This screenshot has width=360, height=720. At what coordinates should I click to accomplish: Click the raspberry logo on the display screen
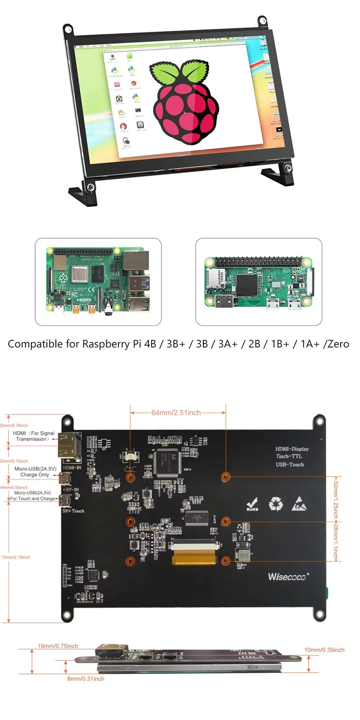coord(184,101)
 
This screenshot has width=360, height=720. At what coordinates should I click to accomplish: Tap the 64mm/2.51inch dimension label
coord(176,412)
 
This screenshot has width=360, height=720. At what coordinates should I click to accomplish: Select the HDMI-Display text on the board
coord(292,449)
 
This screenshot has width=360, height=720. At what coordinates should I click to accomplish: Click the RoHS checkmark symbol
coord(252,504)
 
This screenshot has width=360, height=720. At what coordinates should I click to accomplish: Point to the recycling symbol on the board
coord(275,504)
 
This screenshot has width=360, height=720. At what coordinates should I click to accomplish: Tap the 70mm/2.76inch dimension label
coord(16,557)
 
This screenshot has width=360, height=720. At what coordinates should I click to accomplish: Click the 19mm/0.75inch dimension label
coord(58,646)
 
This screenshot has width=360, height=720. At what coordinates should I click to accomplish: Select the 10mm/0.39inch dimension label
coord(324,650)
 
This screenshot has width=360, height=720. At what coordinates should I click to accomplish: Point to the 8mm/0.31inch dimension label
coord(85,679)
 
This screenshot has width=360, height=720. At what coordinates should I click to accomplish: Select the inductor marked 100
coord(243,555)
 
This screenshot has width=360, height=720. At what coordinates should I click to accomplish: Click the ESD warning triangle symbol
coord(298,504)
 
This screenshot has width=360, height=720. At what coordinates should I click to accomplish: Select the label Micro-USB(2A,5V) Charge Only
coord(35,472)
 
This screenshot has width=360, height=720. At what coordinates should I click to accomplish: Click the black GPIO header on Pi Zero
coord(259,262)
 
